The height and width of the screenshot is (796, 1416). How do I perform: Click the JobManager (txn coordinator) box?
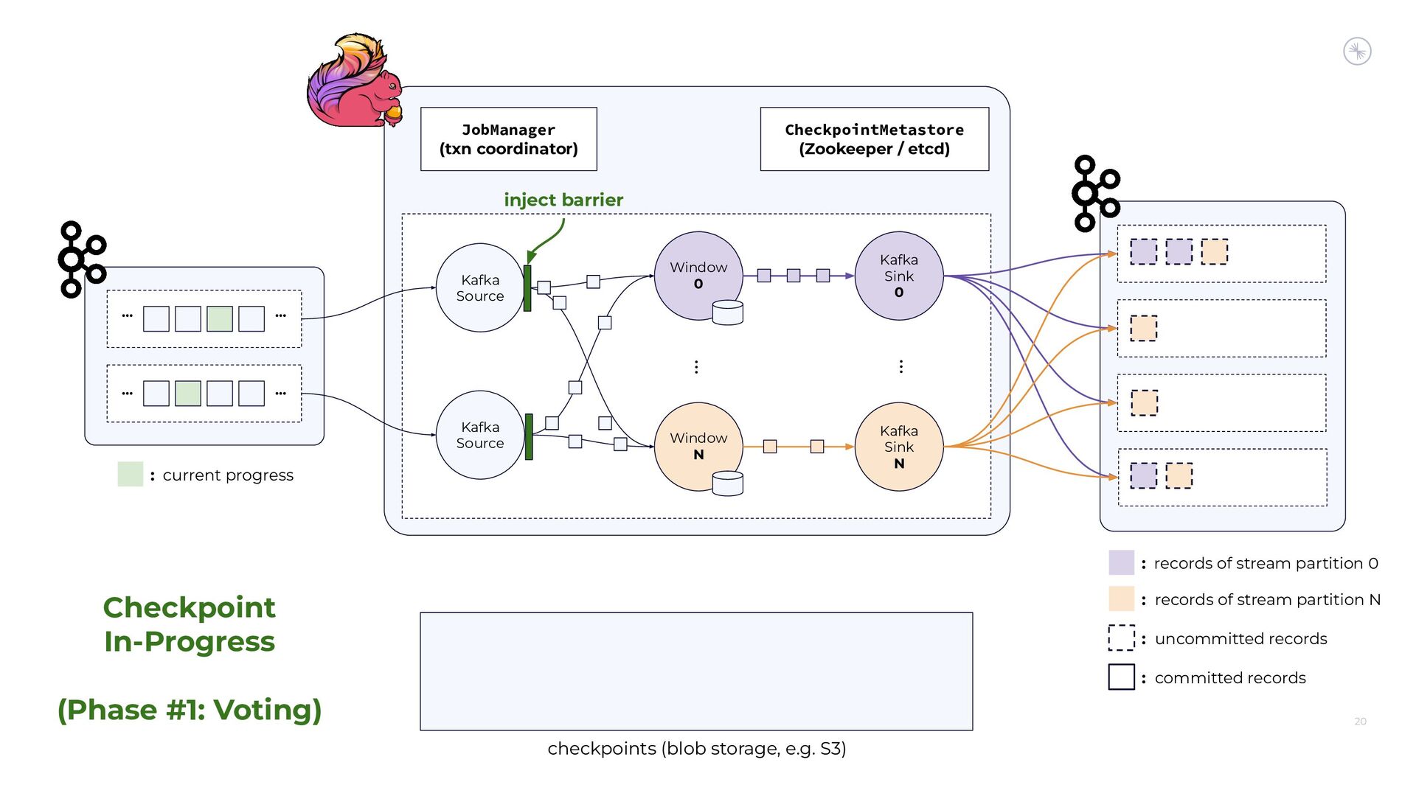pos(508,139)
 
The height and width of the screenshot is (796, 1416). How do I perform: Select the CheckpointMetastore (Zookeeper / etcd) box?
pos(874,139)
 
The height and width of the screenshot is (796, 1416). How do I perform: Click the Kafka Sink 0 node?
pos(898,276)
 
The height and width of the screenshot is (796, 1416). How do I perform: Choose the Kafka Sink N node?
pos(898,447)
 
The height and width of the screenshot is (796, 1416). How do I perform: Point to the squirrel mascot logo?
pos(355,81)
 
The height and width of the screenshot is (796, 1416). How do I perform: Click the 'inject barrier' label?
pos(563,200)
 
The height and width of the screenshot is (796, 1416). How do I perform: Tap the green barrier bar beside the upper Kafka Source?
pos(527,288)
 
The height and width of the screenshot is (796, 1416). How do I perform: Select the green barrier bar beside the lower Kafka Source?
pos(529,437)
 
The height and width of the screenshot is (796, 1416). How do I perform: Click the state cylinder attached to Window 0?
pos(728,313)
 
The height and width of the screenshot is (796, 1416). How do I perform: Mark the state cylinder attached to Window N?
pos(728,483)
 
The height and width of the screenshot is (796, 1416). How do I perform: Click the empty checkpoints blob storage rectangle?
pos(696,671)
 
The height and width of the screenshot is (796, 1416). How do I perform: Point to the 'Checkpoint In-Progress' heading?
pos(190,624)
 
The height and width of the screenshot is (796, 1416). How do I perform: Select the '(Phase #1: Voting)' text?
pos(190,710)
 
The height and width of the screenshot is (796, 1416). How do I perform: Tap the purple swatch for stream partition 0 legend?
pos(1121,562)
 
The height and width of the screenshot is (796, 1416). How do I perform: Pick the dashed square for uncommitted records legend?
pos(1121,638)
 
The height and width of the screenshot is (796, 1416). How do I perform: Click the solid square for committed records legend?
pos(1121,677)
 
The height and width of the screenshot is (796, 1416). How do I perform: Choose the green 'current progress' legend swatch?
pos(131,474)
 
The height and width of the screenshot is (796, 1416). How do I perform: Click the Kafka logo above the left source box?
pos(82,259)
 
